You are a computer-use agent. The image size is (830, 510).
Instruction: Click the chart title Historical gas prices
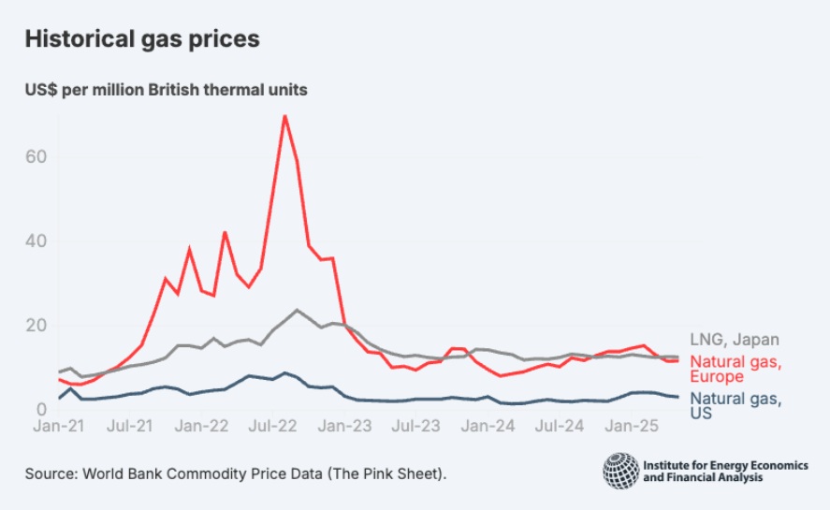click(141, 39)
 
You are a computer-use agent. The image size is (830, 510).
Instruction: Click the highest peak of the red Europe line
click(284, 116)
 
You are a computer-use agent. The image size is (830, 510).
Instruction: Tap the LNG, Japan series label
click(735, 340)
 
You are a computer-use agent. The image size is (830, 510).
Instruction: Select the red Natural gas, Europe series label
click(735, 369)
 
